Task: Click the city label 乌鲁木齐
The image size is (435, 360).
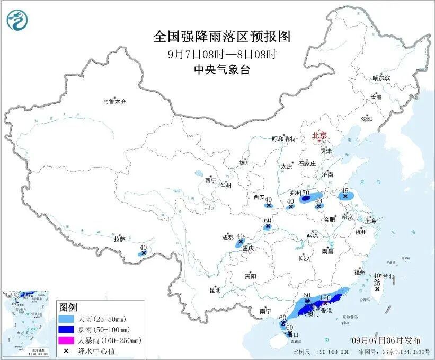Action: click(115, 101)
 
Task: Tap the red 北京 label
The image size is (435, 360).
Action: click(319, 135)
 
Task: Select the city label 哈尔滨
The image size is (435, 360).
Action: click(380, 78)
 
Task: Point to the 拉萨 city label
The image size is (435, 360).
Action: click(119, 239)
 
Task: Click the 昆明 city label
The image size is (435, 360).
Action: click(214, 290)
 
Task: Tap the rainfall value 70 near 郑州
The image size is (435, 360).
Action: click(306, 192)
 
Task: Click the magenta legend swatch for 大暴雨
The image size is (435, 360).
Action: click(67, 340)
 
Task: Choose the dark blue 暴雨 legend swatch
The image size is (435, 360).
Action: click(67, 330)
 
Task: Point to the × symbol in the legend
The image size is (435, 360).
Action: click(67, 350)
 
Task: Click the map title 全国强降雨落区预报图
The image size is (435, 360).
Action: click(223, 36)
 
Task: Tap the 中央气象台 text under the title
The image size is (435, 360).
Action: click(222, 68)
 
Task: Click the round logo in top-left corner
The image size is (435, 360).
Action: click(17, 20)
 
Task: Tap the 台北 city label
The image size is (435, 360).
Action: click(388, 276)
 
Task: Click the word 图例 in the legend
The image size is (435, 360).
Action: click(68, 308)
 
